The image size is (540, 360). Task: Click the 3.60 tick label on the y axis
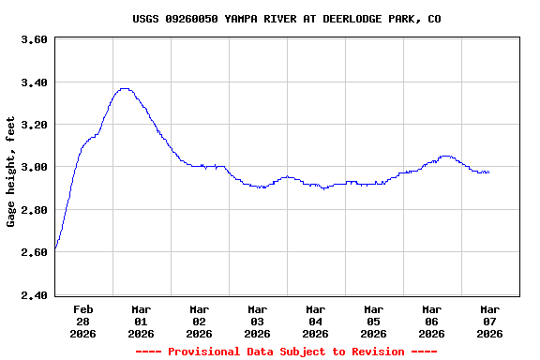point(34,39)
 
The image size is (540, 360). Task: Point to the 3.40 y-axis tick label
point(34,82)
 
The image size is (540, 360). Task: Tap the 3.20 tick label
point(34,125)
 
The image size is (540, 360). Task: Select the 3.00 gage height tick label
point(34,168)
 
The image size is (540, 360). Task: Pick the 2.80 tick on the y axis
point(34,210)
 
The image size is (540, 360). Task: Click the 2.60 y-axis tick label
point(34,253)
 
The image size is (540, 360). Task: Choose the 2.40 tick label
point(34,295)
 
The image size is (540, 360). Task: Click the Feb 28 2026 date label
point(83,321)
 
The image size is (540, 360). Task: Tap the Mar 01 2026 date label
point(142,321)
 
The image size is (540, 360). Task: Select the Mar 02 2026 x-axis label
point(200,321)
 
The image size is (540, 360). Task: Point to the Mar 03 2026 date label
point(258,321)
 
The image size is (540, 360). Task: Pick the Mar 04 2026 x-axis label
point(316,321)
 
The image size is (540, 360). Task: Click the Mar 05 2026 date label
point(374,321)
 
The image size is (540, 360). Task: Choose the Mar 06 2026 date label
point(432,321)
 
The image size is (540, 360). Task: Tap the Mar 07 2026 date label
point(490,321)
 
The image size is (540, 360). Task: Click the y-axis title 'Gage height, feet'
point(11,172)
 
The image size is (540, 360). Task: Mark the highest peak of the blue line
point(124,88)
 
